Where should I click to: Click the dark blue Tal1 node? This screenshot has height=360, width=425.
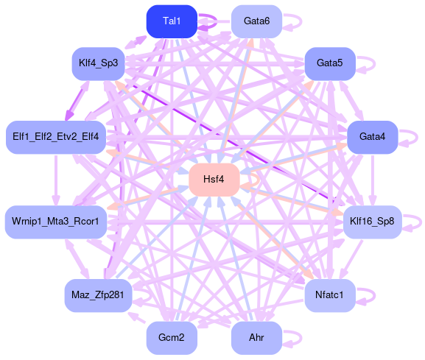172,21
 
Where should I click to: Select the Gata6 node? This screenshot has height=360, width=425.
256,21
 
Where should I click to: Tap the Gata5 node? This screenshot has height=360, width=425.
330,63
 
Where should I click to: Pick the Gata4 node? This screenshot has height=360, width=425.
372,137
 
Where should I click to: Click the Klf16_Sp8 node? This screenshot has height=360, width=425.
372,222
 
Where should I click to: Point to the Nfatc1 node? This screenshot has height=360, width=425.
330,295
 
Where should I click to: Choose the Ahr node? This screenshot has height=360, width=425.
256,338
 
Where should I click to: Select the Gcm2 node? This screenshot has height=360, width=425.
172,338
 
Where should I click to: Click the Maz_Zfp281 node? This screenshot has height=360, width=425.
98,295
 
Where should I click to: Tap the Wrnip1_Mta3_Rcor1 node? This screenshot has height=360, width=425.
55,222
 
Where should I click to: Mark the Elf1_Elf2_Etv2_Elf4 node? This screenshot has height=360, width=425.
55,137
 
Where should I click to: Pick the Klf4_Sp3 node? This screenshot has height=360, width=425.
98,63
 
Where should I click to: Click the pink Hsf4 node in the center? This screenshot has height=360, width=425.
214,180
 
